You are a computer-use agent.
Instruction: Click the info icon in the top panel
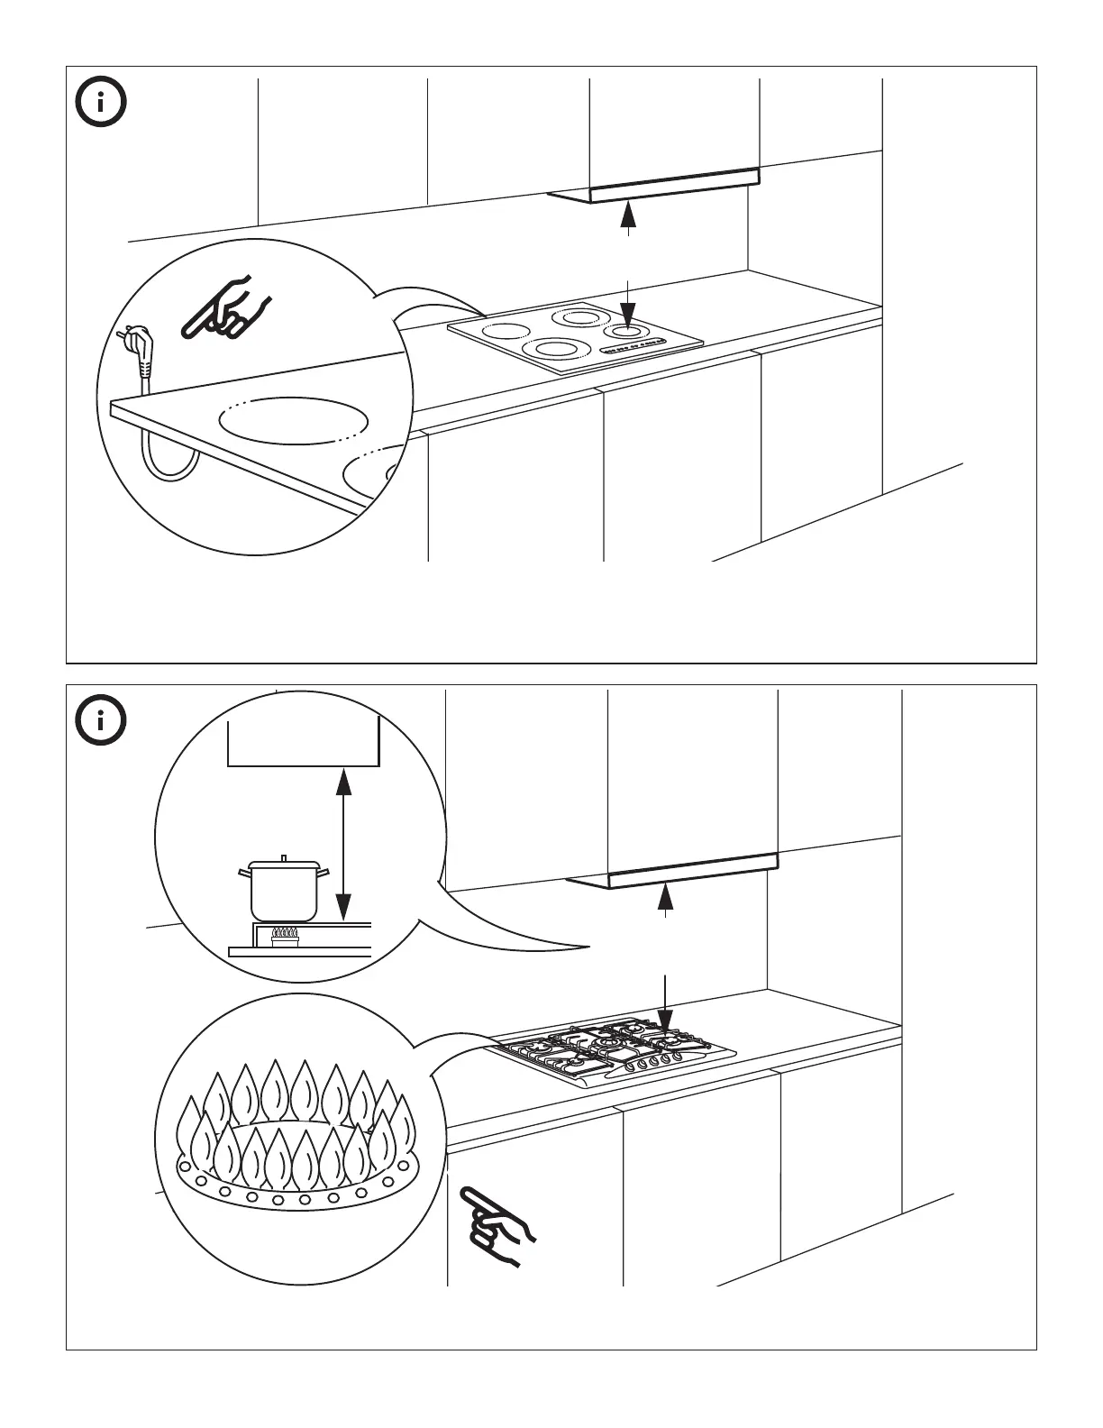pyautogui.click(x=100, y=105)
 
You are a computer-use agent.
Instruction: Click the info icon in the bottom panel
pyautogui.click(x=100, y=720)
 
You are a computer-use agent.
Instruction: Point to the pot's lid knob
pyautogui.click(x=284, y=858)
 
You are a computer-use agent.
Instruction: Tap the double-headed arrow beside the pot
pyautogui.click(x=342, y=843)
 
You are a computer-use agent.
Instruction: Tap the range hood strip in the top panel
pyautogui.click(x=674, y=181)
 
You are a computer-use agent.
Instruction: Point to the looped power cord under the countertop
pyautogui.click(x=171, y=460)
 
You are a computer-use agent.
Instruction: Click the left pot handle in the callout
pyautogui.click(x=244, y=872)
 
